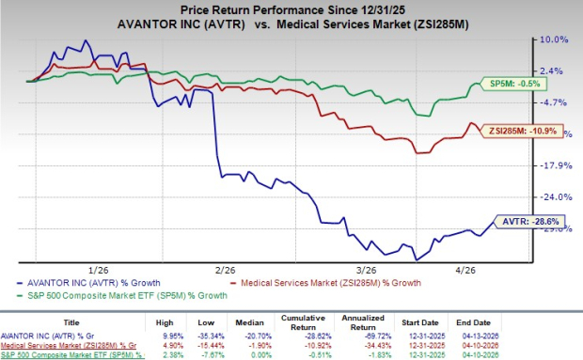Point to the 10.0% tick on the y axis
(x=553, y=39)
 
